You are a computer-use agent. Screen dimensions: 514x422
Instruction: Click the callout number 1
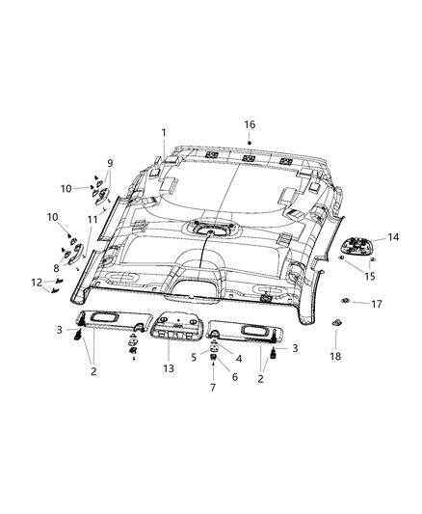[x=164, y=132]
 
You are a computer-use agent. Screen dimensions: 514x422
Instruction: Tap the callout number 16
[x=250, y=125]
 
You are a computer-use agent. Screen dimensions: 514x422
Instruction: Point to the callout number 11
[x=93, y=221]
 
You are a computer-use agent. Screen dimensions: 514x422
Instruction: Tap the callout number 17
[x=378, y=304]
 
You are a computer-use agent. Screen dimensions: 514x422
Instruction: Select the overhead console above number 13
[x=174, y=331]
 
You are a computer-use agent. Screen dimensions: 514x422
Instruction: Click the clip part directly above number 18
[x=336, y=323]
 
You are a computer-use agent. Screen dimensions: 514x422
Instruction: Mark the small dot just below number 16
[x=249, y=143]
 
